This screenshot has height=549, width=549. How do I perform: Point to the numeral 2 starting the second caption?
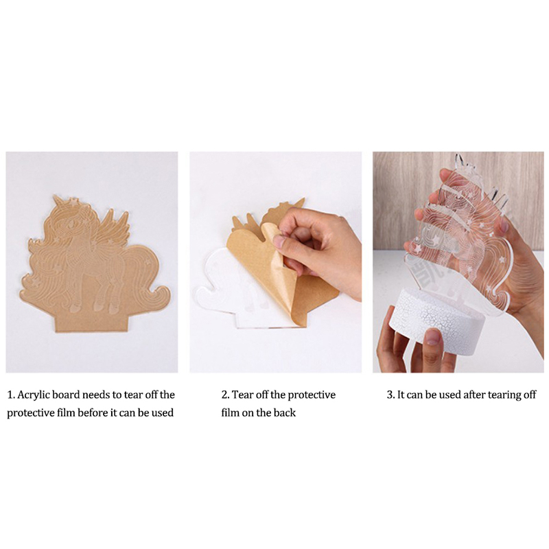pos(224,395)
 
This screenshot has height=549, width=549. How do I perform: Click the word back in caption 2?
pos(284,413)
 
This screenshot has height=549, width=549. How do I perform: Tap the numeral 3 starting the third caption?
pos(390,395)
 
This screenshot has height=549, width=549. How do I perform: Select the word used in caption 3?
pos(449,395)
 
